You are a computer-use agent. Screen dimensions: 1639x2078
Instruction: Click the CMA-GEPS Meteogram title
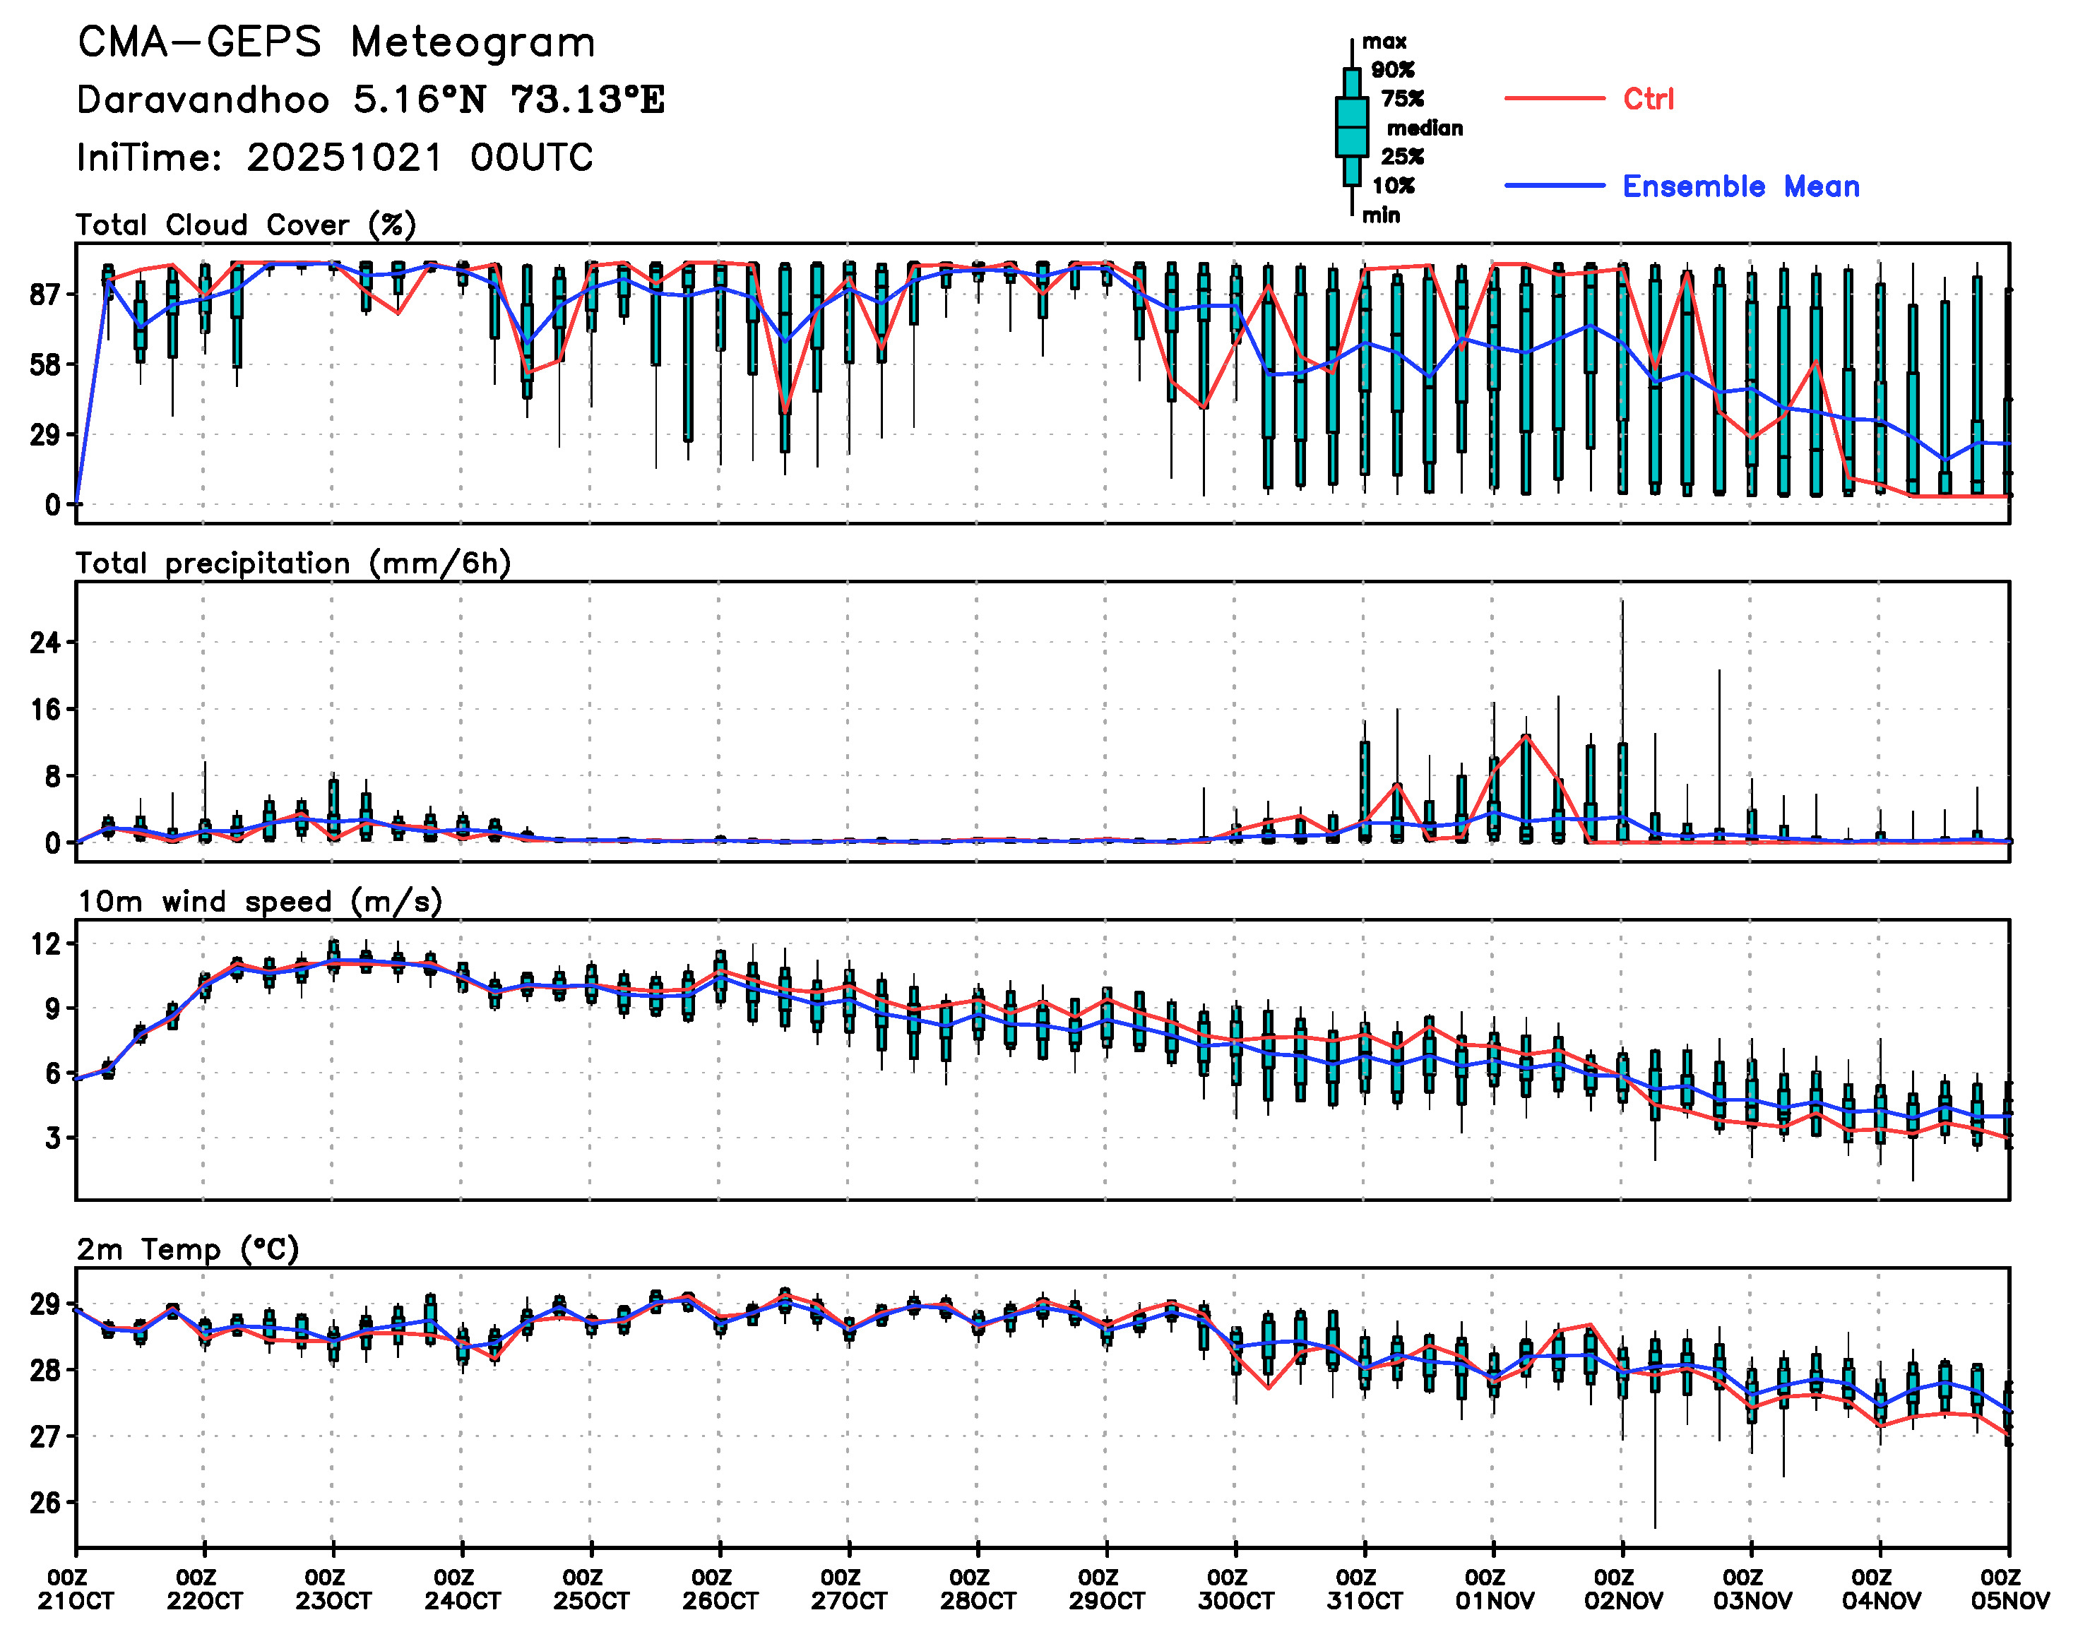click(336, 43)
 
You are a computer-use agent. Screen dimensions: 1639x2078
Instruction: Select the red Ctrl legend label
click(1647, 99)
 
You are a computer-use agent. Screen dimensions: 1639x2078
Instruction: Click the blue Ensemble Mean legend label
click(1740, 186)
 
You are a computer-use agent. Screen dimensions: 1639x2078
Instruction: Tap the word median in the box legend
click(1425, 129)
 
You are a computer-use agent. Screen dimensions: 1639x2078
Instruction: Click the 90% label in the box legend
click(1391, 70)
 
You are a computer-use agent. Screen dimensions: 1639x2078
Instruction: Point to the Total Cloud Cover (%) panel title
click(246, 225)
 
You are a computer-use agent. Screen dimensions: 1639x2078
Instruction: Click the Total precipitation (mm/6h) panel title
click(292, 564)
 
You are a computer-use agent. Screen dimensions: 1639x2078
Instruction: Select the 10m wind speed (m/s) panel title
click(259, 902)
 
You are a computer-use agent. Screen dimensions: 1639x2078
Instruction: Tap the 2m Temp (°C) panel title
click(188, 1249)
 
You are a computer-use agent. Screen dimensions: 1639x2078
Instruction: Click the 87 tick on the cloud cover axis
click(45, 294)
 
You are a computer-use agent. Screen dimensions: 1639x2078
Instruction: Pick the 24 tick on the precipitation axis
click(45, 642)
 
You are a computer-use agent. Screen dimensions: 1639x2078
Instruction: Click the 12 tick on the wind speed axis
click(45, 944)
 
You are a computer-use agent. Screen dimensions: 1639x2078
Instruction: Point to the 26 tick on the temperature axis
click(45, 1502)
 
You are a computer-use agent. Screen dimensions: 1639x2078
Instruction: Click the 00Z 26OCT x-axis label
click(720, 1589)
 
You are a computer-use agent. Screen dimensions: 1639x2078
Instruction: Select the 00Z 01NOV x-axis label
click(1493, 1589)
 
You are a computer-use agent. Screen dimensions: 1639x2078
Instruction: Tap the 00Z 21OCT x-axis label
click(76, 1589)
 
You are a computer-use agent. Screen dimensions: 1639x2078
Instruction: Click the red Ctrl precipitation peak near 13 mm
click(1526, 736)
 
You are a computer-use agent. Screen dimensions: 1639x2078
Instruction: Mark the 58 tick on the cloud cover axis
click(45, 364)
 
